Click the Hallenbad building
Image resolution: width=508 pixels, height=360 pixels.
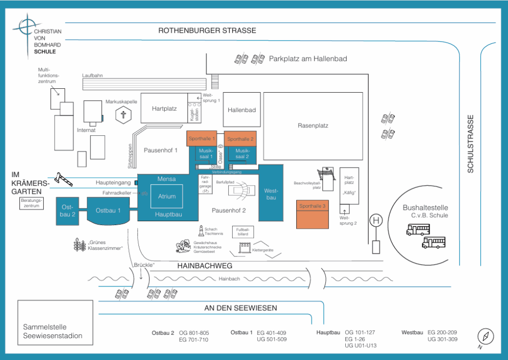(242, 110)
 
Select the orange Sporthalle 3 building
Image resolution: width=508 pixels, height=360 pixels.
(313, 214)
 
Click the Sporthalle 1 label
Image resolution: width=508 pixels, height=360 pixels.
(201, 139)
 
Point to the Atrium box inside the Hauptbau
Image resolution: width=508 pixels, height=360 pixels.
(167, 196)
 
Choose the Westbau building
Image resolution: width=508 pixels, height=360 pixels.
(271, 193)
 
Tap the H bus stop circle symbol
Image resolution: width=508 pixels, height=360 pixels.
(377, 220)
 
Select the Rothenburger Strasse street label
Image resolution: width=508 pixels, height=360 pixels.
(207, 31)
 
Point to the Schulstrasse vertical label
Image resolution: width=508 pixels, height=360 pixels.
(471, 144)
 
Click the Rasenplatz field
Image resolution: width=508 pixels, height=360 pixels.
(313, 125)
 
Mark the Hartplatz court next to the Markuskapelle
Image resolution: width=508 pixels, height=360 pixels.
(164, 108)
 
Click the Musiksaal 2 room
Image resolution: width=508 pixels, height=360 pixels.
(242, 154)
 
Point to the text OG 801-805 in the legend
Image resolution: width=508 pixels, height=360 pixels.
(194, 333)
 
